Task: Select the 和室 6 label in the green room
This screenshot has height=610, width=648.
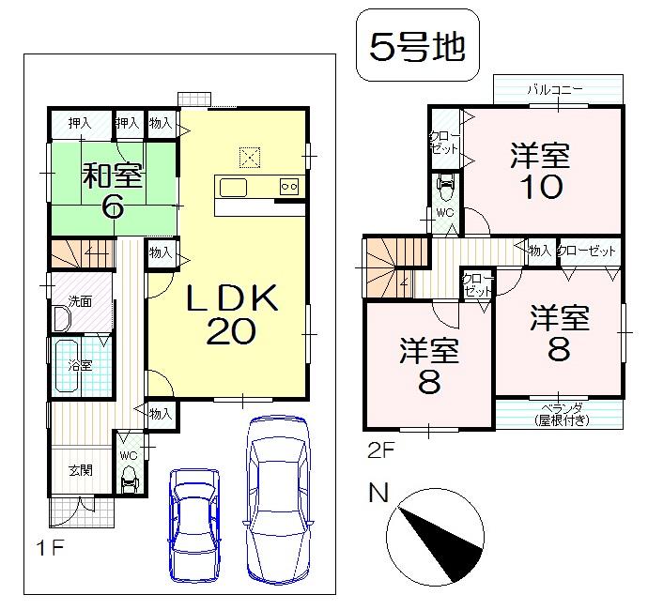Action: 113,191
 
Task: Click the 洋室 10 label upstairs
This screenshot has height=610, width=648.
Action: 542,171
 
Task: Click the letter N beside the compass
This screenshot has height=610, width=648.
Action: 378,493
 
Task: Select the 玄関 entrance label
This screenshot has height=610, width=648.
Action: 80,470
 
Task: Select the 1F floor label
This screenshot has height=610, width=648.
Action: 50,549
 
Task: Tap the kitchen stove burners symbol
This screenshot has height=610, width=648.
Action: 289,186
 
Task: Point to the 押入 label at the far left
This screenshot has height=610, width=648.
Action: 80,123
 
